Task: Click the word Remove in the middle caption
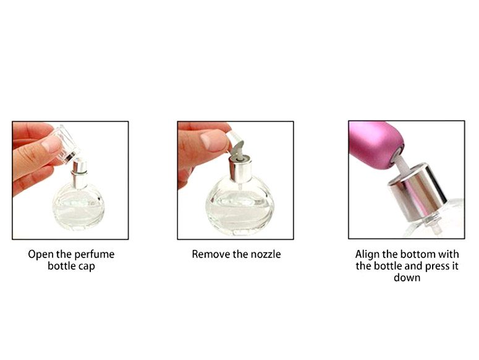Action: [209, 254]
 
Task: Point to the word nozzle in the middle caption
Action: [266, 254]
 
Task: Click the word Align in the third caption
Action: [368, 254]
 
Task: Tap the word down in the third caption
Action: [407, 278]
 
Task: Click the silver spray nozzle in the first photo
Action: [79, 174]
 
